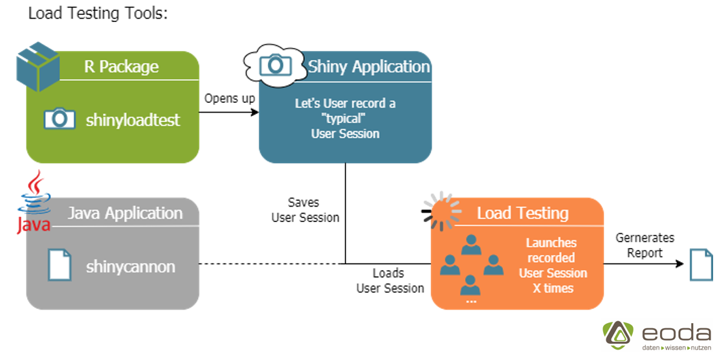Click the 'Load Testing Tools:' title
98,14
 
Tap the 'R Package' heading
121,67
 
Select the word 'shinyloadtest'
133,120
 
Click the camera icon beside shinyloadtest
60,118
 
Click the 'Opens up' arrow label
230,98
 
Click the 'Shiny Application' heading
369,67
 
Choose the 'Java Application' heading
126,213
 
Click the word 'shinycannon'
131,266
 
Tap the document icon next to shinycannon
60,265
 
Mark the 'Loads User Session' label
390,280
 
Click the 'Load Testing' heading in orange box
523,213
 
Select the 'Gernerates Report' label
645,245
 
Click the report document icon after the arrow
701,264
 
